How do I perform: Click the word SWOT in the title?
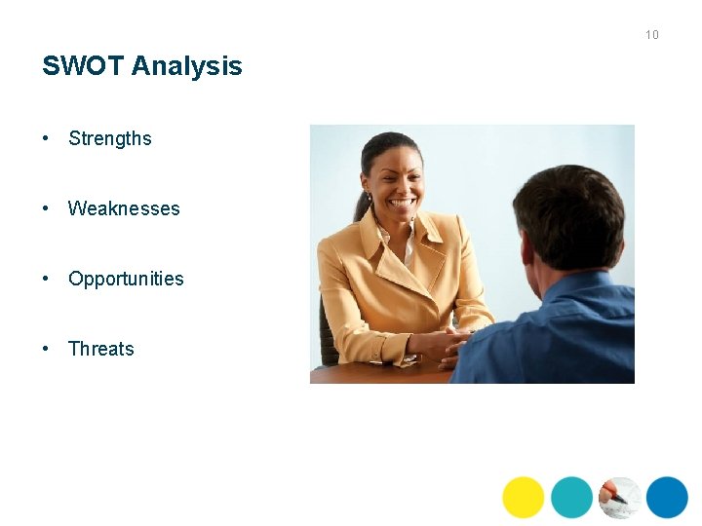tap(83, 66)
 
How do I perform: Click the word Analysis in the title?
tap(187, 67)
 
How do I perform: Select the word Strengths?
tap(110, 138)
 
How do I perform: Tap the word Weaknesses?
tap(124, 208)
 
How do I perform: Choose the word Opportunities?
tap(126, 279)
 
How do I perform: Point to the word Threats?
tap(101, 349)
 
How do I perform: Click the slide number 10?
tap(651, 35)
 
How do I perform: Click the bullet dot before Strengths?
tap(46, 138)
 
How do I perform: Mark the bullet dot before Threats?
tap(46, 349)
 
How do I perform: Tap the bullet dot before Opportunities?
tap(46, 279)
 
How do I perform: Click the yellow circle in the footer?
tap(524, 497)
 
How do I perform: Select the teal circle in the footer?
tap(571, 497)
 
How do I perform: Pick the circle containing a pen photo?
tap(619, 497)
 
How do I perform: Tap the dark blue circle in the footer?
tap(667, 497)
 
